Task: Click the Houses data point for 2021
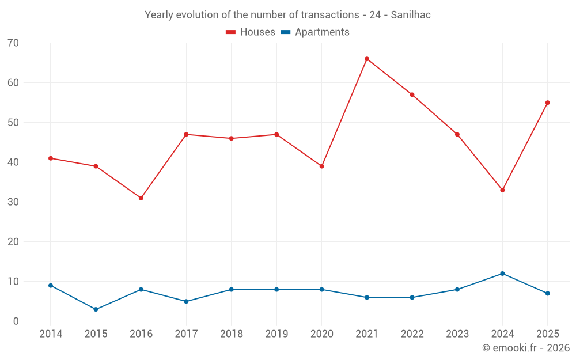[367, 59]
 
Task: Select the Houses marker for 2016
[141, 198]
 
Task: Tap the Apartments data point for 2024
[502, 274]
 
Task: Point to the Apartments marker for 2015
[96, 309]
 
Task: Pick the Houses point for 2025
[548, 103]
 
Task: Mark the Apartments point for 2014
[51, 286]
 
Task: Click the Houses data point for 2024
[502, 190]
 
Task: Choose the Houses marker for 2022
[412, 94]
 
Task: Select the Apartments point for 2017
[186, 301]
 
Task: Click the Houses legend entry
[251, 32]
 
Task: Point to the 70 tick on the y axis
[13, 43]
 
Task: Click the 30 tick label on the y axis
[13, 202]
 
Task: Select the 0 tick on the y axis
[16, 321]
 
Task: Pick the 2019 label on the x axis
[276, 334]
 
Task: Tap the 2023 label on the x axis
[457, 334]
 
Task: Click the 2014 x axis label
[51, 334]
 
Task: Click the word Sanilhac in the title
[411, 15]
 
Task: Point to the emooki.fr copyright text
[526, 348]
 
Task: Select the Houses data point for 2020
[321, 166]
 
